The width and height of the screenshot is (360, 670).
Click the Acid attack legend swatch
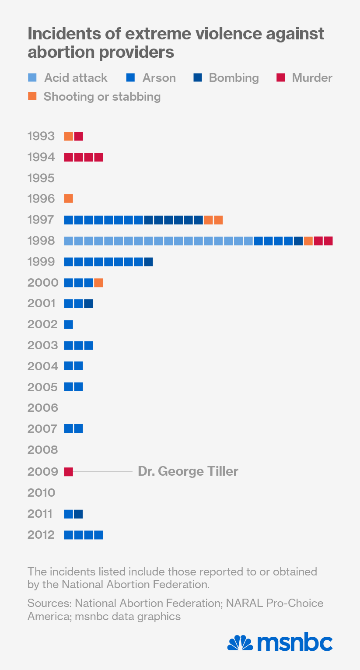tap(32, 78)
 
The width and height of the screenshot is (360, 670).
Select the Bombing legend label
tap(234, 78)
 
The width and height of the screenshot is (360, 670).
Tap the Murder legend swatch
tap(280, 78)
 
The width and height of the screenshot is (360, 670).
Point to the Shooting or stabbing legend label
tap(102, 97)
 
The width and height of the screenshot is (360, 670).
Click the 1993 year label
tap(41, 136)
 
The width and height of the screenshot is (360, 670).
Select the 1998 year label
tap(41, 241)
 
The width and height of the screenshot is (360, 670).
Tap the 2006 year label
tap(42, 408)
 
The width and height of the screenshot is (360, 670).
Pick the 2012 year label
tap(41, 535)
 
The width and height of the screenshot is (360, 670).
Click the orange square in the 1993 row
tap(69, 136)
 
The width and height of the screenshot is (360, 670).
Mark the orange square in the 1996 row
tap(69, 199)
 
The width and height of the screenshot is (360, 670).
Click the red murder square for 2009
tap(69, 472)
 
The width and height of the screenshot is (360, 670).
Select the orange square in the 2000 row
tap(98, 283)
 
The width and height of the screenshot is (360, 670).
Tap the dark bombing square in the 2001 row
tap(88, 303)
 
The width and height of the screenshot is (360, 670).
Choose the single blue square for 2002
tap(69, 324)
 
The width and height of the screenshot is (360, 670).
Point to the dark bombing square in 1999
tap(148, 262)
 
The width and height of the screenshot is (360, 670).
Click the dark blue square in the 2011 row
tap(78, 514)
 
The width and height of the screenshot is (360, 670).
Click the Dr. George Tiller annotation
tap(188, 471)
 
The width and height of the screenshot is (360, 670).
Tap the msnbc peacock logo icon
tap(240, 643)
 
